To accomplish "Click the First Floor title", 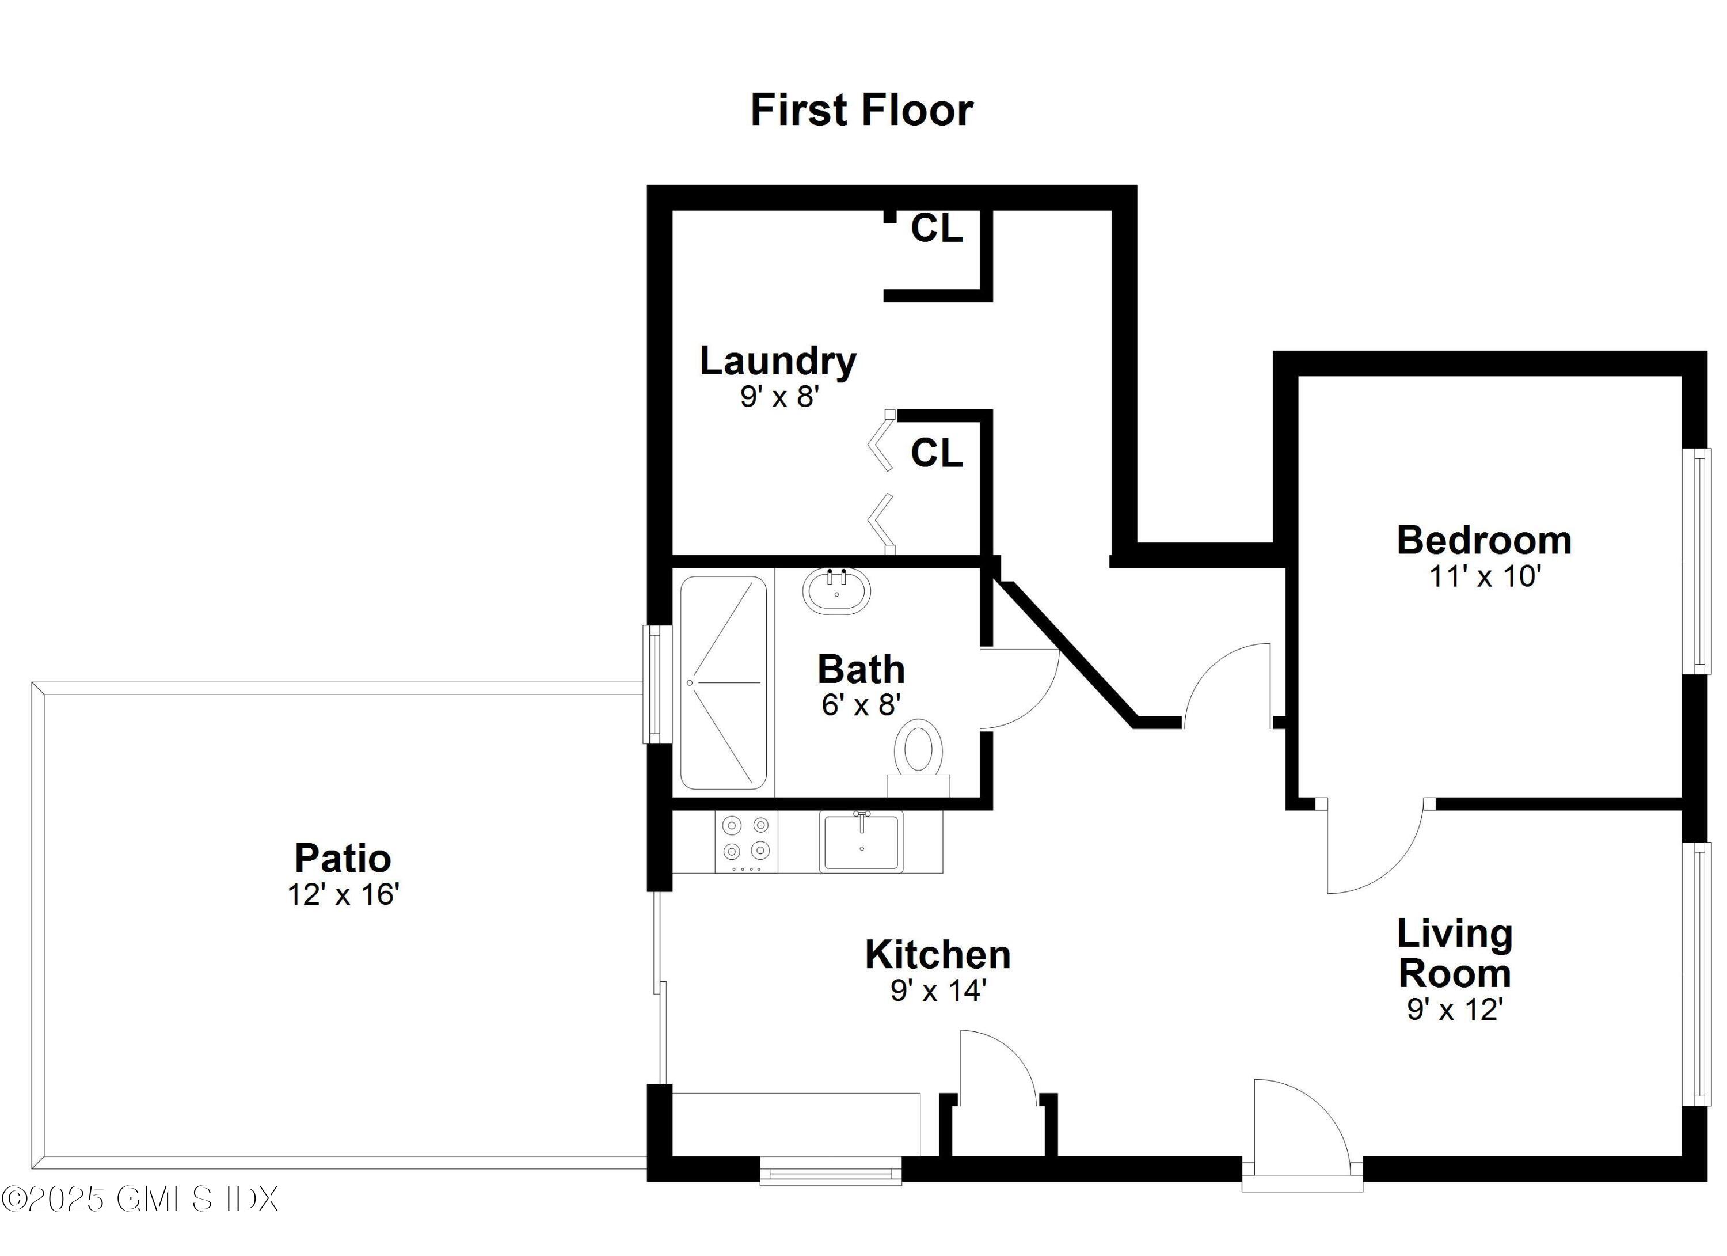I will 861,111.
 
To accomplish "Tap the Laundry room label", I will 778,361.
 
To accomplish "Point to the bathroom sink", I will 836,591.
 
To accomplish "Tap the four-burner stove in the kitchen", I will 746,841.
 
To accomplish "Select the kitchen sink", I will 861,841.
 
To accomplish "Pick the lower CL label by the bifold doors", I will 937,454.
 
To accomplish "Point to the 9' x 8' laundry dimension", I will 779,397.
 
